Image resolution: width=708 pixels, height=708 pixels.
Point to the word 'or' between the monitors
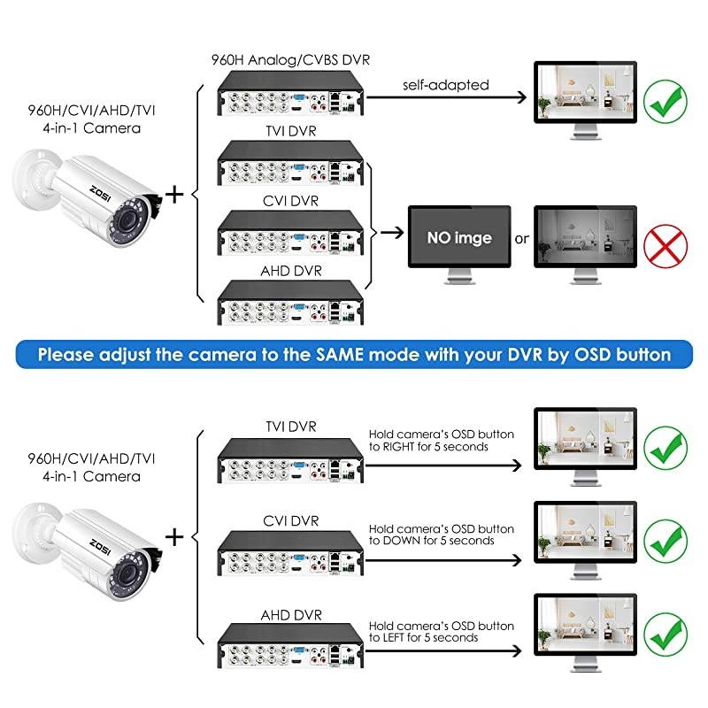522,239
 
